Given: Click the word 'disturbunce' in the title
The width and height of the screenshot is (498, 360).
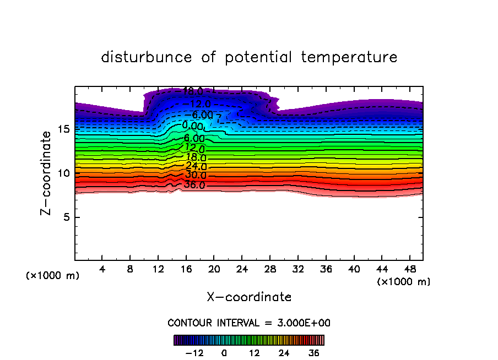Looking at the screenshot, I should pos(147,57).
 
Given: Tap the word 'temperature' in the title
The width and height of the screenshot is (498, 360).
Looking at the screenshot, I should pos(350,57).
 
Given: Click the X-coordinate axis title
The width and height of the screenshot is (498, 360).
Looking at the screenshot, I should pos(249,297).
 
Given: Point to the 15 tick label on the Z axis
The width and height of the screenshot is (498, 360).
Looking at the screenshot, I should pos(63,129).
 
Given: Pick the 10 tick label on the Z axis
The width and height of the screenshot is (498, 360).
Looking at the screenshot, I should pos(63,173).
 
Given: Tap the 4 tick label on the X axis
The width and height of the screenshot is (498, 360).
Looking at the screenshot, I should pos(102,270).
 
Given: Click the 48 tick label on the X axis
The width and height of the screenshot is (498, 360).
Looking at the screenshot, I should pos(410,270).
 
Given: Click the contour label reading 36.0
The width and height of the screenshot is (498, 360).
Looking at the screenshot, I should pos(194,185).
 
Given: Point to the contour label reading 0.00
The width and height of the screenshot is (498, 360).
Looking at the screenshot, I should pos(193,126).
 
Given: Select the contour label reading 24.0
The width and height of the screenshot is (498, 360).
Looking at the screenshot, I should pos(196,166).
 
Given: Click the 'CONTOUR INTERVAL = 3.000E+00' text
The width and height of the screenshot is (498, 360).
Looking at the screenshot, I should pos(249,323).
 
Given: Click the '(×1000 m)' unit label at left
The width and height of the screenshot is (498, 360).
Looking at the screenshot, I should pos(52,276).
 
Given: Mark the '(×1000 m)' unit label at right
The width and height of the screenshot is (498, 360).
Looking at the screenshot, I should pos(404,282).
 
